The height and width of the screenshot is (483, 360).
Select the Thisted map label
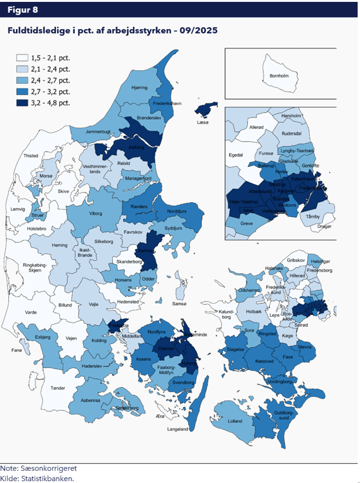[31, 156]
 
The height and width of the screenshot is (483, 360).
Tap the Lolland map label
[236, 421]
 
